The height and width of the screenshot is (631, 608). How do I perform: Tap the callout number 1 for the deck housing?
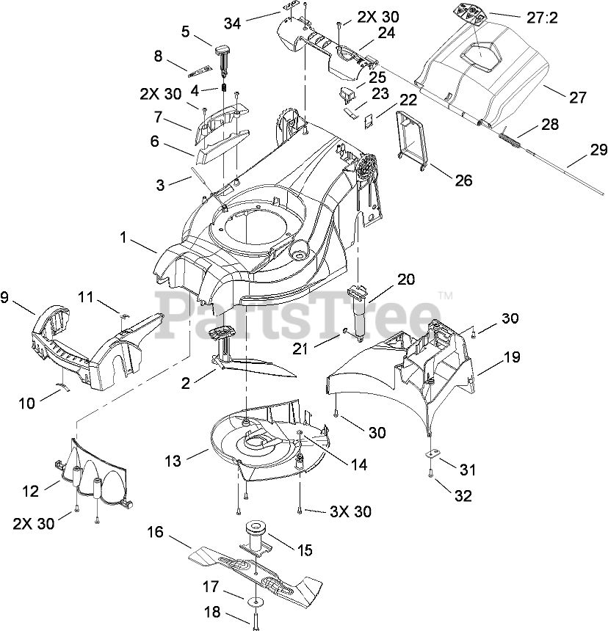[123, 238]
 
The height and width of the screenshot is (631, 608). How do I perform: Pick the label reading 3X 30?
[328, 511]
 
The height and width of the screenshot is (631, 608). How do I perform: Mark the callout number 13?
[172, 461]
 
